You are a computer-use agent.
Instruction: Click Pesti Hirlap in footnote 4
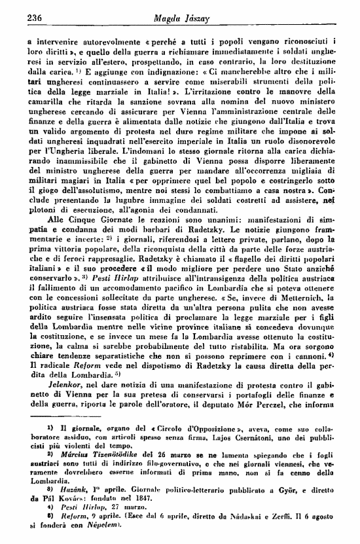click(x=69, y=509)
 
